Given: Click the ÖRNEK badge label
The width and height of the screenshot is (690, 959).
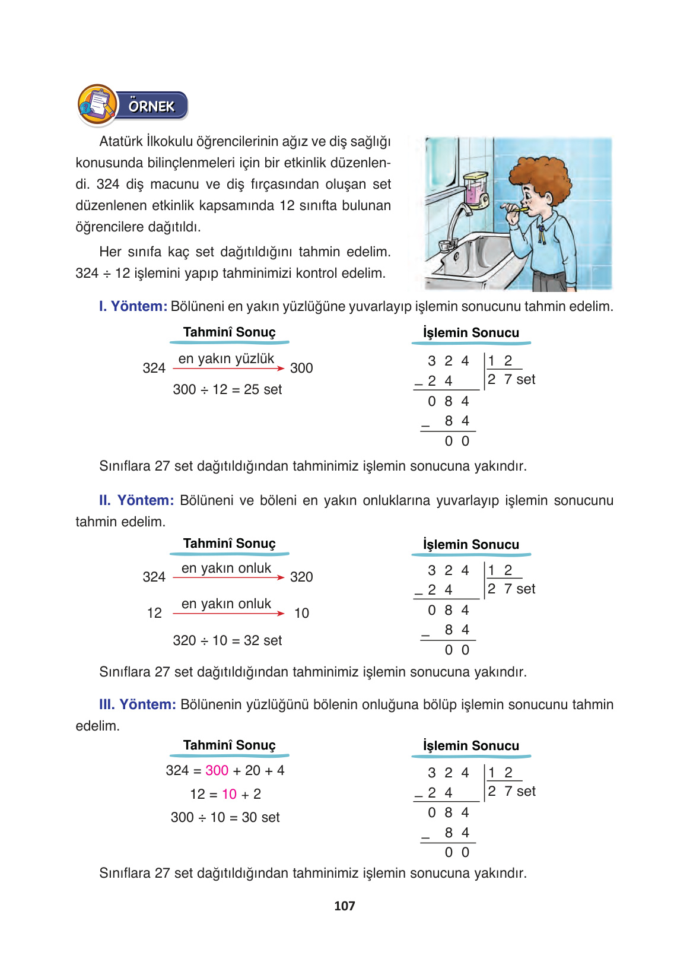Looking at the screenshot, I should click(x=152, y=106).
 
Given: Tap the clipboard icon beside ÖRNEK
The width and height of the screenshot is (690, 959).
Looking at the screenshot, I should click(x=98, y=105).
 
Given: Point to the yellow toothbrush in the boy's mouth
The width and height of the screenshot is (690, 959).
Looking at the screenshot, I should click(x=517, y=209).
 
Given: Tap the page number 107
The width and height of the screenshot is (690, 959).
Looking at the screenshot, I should click(x=344, y=906).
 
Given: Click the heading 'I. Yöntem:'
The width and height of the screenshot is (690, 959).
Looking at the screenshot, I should click(x=133, y=306).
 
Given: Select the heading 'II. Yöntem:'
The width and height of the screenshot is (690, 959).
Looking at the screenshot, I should click(x=136, y=500).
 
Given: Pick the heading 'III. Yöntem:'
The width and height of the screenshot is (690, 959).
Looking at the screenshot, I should click(x=138, y=704).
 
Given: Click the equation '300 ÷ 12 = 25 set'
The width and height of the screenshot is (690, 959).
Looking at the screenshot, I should click(x=227, y=389).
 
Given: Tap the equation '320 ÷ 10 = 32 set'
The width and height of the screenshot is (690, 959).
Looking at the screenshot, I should click(x=227, y=640).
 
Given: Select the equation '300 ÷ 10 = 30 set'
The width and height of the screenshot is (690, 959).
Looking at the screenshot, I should click(x=225, y=817).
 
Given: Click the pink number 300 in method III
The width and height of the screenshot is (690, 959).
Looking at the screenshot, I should click(x=217, y=770).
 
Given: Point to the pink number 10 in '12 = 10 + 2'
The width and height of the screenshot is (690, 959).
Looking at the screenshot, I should click(x=229, y=794).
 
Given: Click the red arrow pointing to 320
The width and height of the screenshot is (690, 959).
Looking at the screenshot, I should click(x=228, y=577).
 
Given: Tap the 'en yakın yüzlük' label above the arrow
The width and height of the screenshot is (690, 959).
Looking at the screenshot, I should click(x=226, y=358).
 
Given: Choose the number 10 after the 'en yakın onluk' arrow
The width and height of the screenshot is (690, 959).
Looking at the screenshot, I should click(x=301, y=613).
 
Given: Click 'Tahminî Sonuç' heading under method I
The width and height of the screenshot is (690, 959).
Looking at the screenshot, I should click(x=229, y=332).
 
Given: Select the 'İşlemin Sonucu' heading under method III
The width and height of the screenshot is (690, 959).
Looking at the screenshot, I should click(x=471, y=746).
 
